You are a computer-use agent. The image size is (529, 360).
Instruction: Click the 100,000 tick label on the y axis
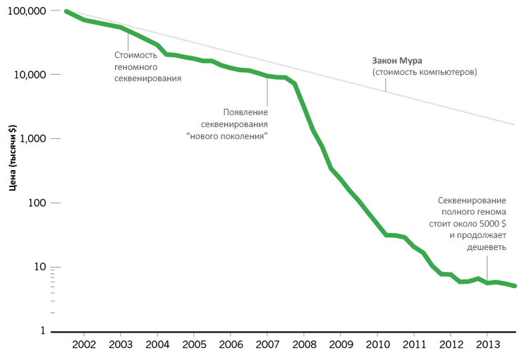click(24, 11)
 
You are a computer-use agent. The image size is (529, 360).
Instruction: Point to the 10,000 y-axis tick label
click(27, 75)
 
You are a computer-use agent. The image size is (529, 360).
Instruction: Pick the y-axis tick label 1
click(42, 331)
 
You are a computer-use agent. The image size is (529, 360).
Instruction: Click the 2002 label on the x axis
click(84, 344)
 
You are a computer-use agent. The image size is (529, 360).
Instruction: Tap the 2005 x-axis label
click(194, 344)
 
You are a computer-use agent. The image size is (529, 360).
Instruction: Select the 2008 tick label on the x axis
click(304, 344)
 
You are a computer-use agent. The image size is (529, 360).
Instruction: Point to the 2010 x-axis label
click(377, 344)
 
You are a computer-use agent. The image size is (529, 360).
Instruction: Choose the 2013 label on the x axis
click(487, 344)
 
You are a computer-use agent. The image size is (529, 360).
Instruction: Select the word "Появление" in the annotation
click(245, 112)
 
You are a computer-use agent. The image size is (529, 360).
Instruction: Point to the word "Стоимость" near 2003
click(135, 54)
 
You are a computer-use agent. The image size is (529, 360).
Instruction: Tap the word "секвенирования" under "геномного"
click(148, 78)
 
